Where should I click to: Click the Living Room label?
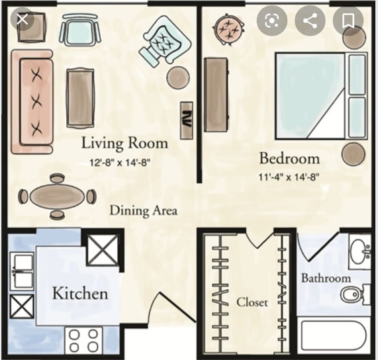coord(124,143)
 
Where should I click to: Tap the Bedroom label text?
coord(289,159)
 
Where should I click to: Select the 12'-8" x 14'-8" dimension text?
coord(120,163)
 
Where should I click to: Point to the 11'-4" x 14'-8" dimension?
coord(289,177)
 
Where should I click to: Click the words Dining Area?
coord(144,210)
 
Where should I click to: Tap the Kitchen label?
coord(80,293)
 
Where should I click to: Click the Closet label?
coord(252,302)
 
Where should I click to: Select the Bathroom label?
coord(326,278)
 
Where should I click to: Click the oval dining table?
coord(58,197)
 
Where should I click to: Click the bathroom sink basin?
coord(359,251)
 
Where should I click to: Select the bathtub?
coord(334,337)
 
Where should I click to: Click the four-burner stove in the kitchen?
coord(83,341)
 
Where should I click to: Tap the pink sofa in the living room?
coord(32,102)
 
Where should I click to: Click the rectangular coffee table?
coord(80,98)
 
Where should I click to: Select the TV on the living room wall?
coord(187,120)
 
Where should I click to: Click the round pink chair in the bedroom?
coord(228,29)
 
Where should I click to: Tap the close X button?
coord(23,19)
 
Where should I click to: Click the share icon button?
coord(310,21)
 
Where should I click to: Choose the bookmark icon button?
coord(348,21)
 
